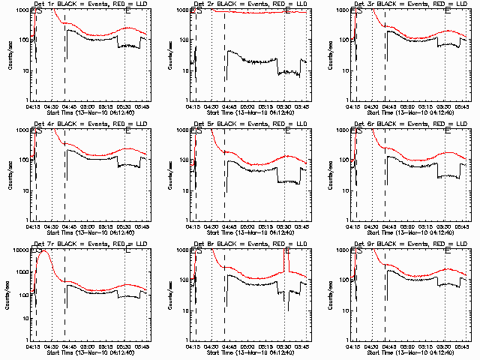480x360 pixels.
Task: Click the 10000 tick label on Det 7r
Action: (19, 249)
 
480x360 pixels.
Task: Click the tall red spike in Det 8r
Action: (286, 253)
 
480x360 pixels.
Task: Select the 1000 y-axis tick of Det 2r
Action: (182, 10)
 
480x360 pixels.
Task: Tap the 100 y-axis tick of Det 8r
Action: (184, 280)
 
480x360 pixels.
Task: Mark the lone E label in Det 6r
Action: (448, 130)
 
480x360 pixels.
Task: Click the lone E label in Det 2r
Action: (286, 10)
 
